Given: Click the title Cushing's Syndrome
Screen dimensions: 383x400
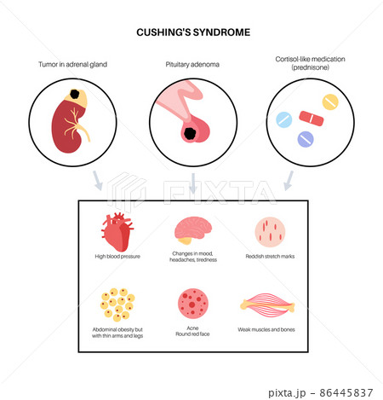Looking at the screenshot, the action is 193,32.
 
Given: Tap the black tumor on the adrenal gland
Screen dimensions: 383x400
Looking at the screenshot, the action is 74,94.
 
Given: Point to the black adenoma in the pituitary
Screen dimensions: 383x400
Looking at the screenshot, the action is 189,133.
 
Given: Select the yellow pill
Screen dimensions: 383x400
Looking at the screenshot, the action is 330,101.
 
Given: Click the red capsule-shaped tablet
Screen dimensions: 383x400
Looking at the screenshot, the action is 312,119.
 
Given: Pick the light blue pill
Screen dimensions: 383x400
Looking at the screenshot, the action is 284,119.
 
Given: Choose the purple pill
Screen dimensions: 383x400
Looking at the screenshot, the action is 306,139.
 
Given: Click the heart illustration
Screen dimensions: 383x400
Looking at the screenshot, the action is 117,232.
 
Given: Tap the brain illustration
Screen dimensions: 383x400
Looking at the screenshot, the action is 193,230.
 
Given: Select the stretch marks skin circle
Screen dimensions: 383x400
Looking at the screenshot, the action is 270,232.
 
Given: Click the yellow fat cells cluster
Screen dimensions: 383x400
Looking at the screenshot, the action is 117,304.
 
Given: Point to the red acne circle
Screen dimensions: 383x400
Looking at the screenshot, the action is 193,304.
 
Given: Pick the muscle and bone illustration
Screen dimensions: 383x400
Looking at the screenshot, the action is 267,305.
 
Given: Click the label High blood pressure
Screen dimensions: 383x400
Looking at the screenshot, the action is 117,257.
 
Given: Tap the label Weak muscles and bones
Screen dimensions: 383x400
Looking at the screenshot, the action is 266,329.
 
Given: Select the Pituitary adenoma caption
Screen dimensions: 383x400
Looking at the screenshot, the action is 192,65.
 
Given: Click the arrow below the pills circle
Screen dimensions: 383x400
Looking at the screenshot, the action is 289,181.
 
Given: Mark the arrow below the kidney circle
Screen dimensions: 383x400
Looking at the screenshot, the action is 97,181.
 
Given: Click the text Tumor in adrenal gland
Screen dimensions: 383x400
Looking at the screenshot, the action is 73,65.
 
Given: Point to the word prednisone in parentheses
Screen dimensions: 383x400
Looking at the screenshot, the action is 311,67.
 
